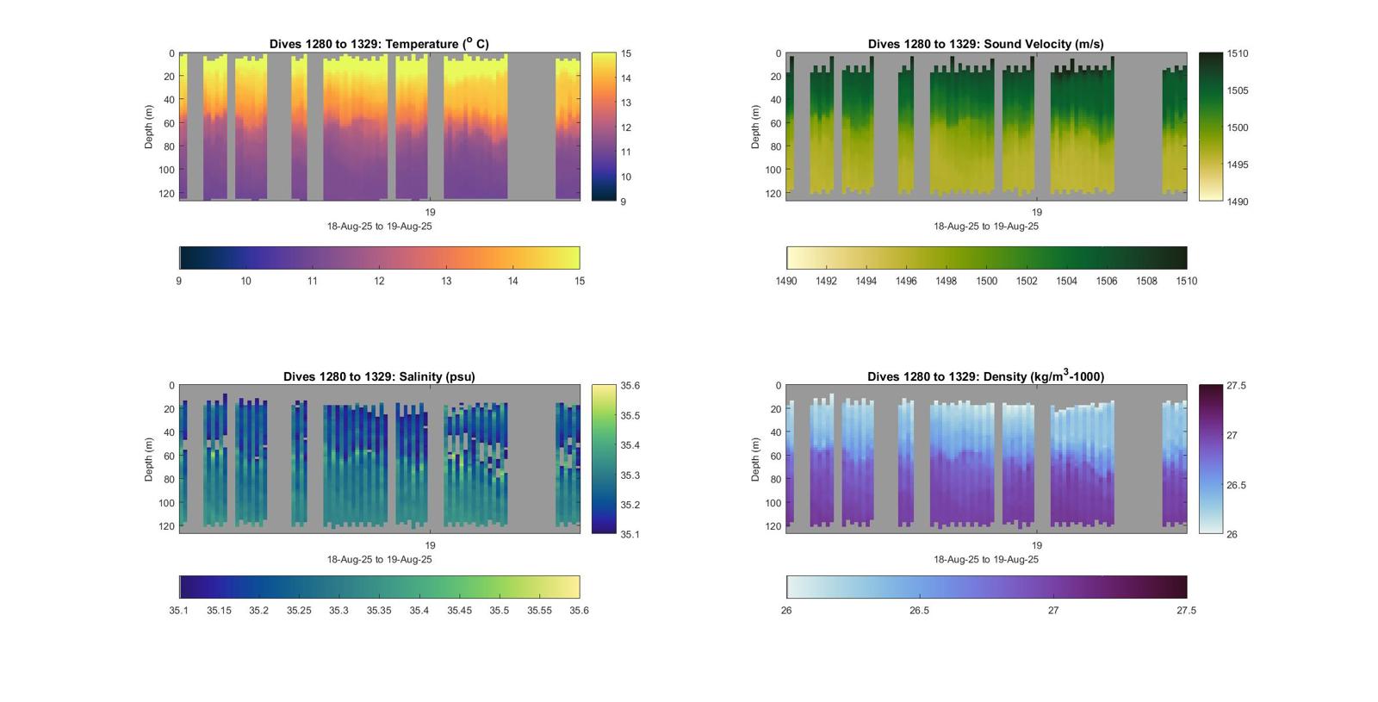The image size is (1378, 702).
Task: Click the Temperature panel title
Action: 379,44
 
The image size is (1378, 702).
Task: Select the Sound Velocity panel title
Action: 985,44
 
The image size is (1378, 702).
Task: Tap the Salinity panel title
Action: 379,376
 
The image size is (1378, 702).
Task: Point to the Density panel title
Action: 985,376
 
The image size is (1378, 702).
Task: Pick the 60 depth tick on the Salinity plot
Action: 169,457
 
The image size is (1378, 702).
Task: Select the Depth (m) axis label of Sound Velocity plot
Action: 755,127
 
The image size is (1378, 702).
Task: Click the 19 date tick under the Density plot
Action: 1037,545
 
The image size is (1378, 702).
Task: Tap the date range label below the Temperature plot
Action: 379,227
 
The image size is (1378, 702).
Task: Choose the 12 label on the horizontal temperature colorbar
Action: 379,281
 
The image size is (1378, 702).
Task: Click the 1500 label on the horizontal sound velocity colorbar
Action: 986,281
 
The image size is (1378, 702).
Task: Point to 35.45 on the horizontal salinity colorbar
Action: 459,611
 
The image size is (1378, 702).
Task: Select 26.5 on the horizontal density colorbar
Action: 920,611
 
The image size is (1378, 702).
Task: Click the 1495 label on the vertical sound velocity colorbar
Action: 1238,165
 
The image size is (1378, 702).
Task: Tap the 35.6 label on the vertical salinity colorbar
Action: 630,386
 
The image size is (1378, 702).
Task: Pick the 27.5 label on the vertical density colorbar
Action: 1236,386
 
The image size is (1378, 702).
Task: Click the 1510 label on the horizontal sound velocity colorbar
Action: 1186,281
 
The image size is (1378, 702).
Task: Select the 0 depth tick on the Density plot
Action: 779,386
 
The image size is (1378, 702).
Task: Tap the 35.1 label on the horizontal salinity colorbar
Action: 179,611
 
